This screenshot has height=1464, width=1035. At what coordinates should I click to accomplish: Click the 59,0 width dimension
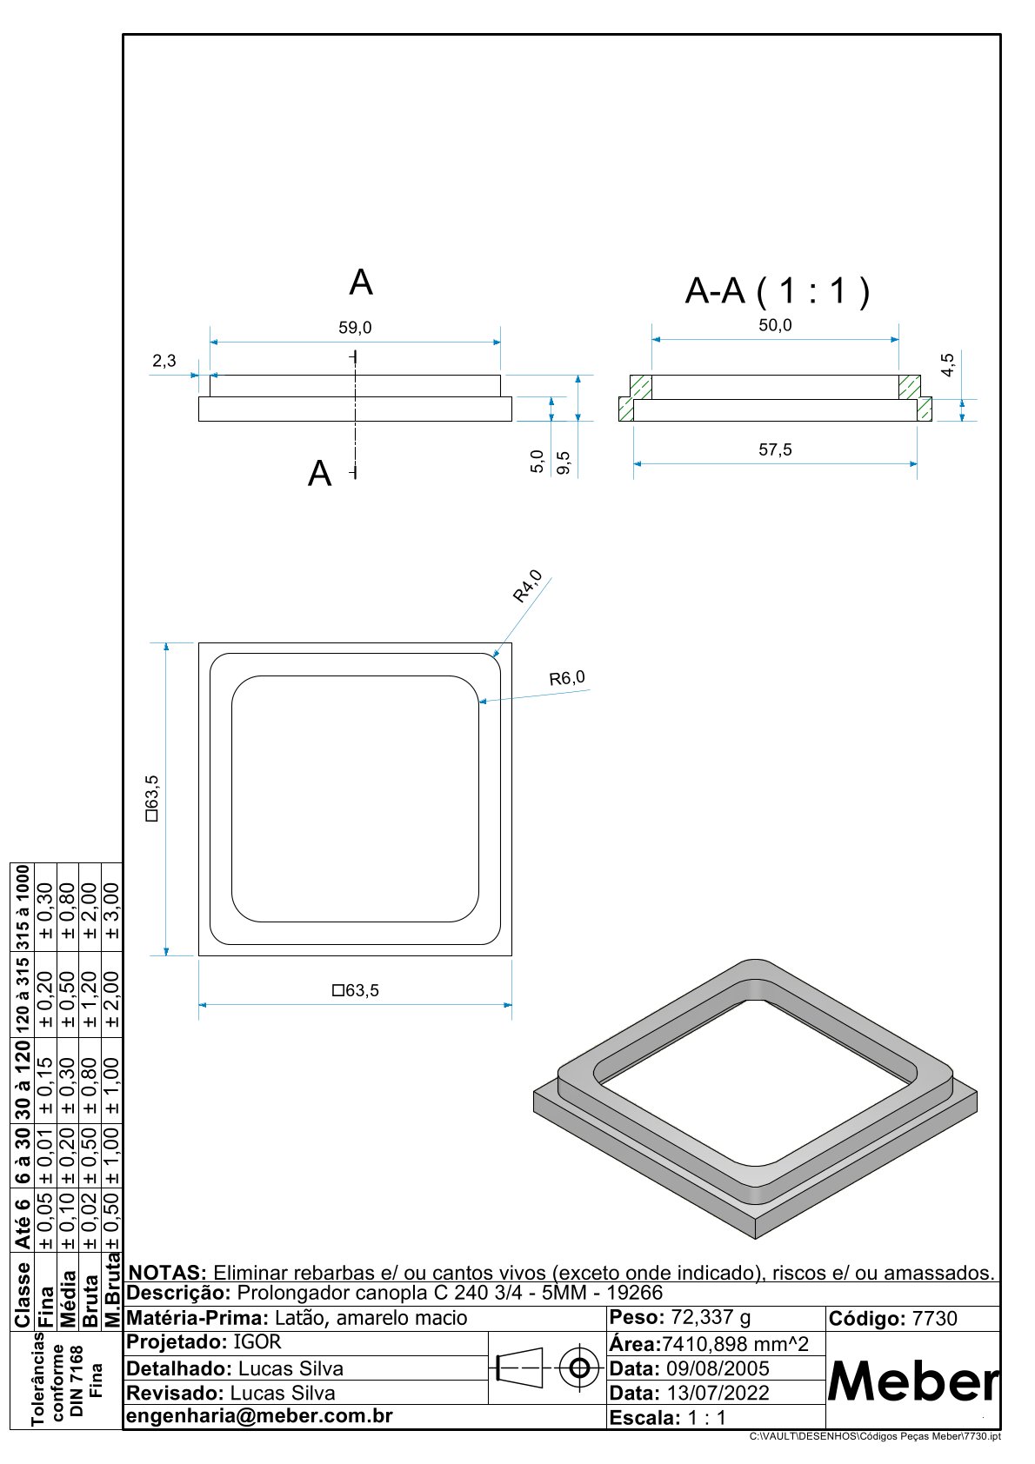point(355,328)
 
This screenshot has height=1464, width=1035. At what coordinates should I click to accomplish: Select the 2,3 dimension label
point(164,361)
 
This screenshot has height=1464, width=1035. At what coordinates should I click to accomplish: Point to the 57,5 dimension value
point(775,449)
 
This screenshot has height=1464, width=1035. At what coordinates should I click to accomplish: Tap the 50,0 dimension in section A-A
point(775,325)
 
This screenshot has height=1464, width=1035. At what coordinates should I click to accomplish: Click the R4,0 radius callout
point(527,586)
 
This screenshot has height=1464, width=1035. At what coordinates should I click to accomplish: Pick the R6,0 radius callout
point(567,678)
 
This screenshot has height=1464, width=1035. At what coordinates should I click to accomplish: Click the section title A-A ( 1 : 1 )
point(777,290)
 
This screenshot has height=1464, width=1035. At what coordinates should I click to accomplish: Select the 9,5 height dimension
point(563,462)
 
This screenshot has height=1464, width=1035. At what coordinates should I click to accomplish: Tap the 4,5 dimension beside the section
point(947,364)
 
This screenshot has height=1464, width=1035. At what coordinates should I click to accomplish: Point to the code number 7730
point(934,1319)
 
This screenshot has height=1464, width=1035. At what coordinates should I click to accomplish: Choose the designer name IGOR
point(257,1342)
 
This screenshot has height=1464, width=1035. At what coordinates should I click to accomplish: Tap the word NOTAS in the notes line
point(167,1273)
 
